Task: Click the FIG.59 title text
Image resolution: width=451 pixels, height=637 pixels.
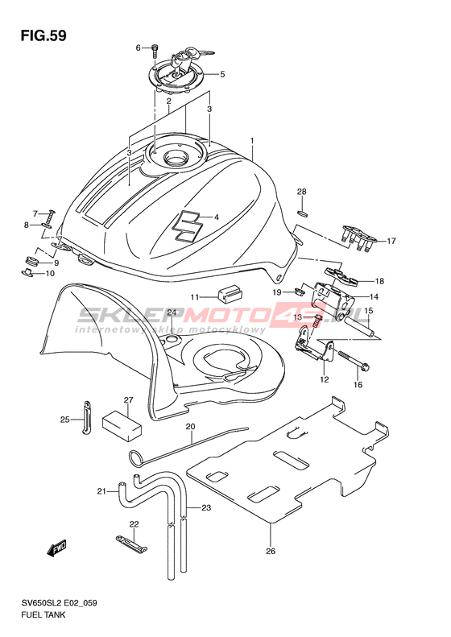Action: pos(43,35)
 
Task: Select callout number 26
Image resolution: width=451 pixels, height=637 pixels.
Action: pos(271,551)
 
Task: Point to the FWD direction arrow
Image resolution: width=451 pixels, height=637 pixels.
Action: pos(56,548)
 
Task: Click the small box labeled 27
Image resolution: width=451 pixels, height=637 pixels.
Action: pos(122,425)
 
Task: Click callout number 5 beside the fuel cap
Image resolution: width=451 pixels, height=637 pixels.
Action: pos(222,74)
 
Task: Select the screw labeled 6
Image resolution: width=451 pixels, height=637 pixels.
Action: pos(155,50)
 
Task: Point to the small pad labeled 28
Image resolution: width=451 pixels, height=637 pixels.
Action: pos(303,213)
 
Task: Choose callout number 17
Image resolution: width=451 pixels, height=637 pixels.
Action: pos(391,242)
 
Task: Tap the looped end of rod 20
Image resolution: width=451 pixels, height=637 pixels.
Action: pos(135,458)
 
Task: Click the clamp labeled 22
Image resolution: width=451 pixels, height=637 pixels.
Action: pos(130,543)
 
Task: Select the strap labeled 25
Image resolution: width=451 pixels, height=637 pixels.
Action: pos(86,417)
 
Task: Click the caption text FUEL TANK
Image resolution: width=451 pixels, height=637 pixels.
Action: pos(43,614)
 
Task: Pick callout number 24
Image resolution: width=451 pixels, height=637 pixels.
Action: pos(172,312)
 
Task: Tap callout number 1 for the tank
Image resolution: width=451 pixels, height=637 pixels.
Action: pos(252,141)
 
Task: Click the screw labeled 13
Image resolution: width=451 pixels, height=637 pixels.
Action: pos(319,321)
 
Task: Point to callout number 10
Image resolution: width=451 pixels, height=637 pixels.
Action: pos(50,274)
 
